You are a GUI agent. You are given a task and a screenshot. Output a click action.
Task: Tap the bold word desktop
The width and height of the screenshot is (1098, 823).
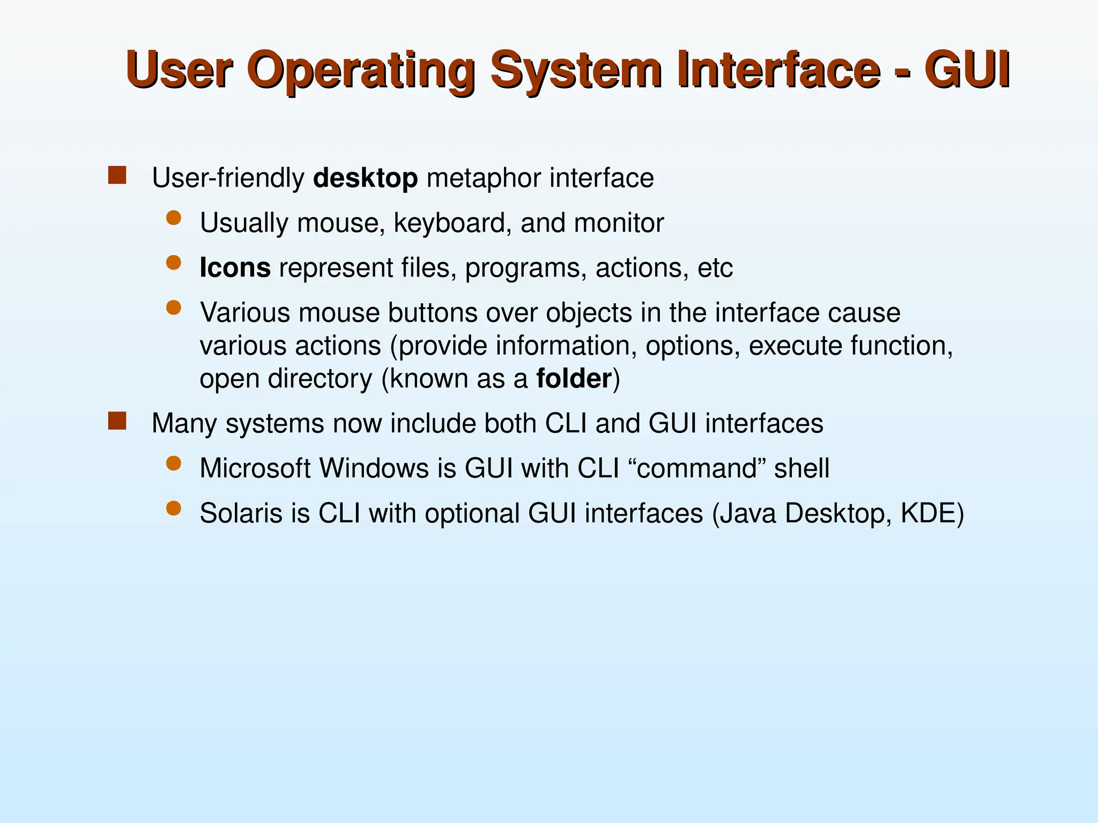(x=365, y=178)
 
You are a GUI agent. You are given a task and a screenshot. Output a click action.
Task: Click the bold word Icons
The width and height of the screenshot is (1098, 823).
(x=235, y=267)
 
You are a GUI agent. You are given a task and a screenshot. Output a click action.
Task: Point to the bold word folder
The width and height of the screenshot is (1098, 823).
(x=573, y=379)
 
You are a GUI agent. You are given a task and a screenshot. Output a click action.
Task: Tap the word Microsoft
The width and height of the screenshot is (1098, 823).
(x=255, y=468)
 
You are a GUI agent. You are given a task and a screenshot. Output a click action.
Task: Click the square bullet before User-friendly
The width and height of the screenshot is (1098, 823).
(x=117, y=176)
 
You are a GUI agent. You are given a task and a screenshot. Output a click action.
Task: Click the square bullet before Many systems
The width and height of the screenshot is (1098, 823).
(x=117, y=421)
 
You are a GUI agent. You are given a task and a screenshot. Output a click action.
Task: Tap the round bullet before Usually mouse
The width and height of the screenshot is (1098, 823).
(x=173, y=218)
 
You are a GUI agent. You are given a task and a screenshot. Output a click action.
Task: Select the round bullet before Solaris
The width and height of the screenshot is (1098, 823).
(x=173, y=508)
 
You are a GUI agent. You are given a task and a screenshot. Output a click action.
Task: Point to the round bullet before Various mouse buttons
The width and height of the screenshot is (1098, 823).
(x=173, y=308)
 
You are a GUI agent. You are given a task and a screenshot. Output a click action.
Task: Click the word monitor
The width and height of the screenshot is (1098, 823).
(x=619, y=223)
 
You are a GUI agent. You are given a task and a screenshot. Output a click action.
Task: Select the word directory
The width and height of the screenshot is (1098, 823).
(x=320, y=379)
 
